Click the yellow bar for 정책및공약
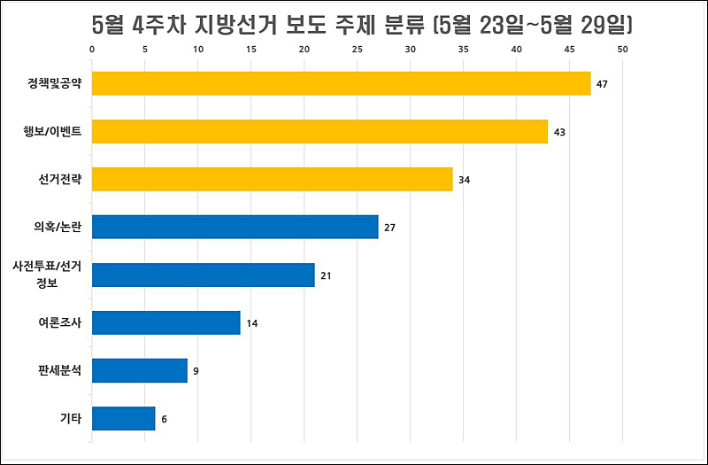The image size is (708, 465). tap(341, 83)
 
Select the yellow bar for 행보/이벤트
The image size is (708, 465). tap(319, 131)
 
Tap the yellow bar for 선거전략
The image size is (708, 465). tap(272, 179)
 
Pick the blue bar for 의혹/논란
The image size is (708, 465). tap(235, 227)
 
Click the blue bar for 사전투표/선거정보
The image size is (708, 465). tap(203, 275)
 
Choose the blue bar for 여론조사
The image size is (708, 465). tap(165, 322)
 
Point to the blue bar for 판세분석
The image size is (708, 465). tap(139, 370)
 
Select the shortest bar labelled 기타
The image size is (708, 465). tap(123, 418)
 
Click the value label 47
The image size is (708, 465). tap(603, 84)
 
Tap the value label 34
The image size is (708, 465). tap(465, 180)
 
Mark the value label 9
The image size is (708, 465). tap(196, 371)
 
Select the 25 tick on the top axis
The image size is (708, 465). tap(358, 50)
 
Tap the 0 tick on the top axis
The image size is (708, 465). tap(93, 50)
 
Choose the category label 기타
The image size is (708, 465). tap(70, 419)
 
